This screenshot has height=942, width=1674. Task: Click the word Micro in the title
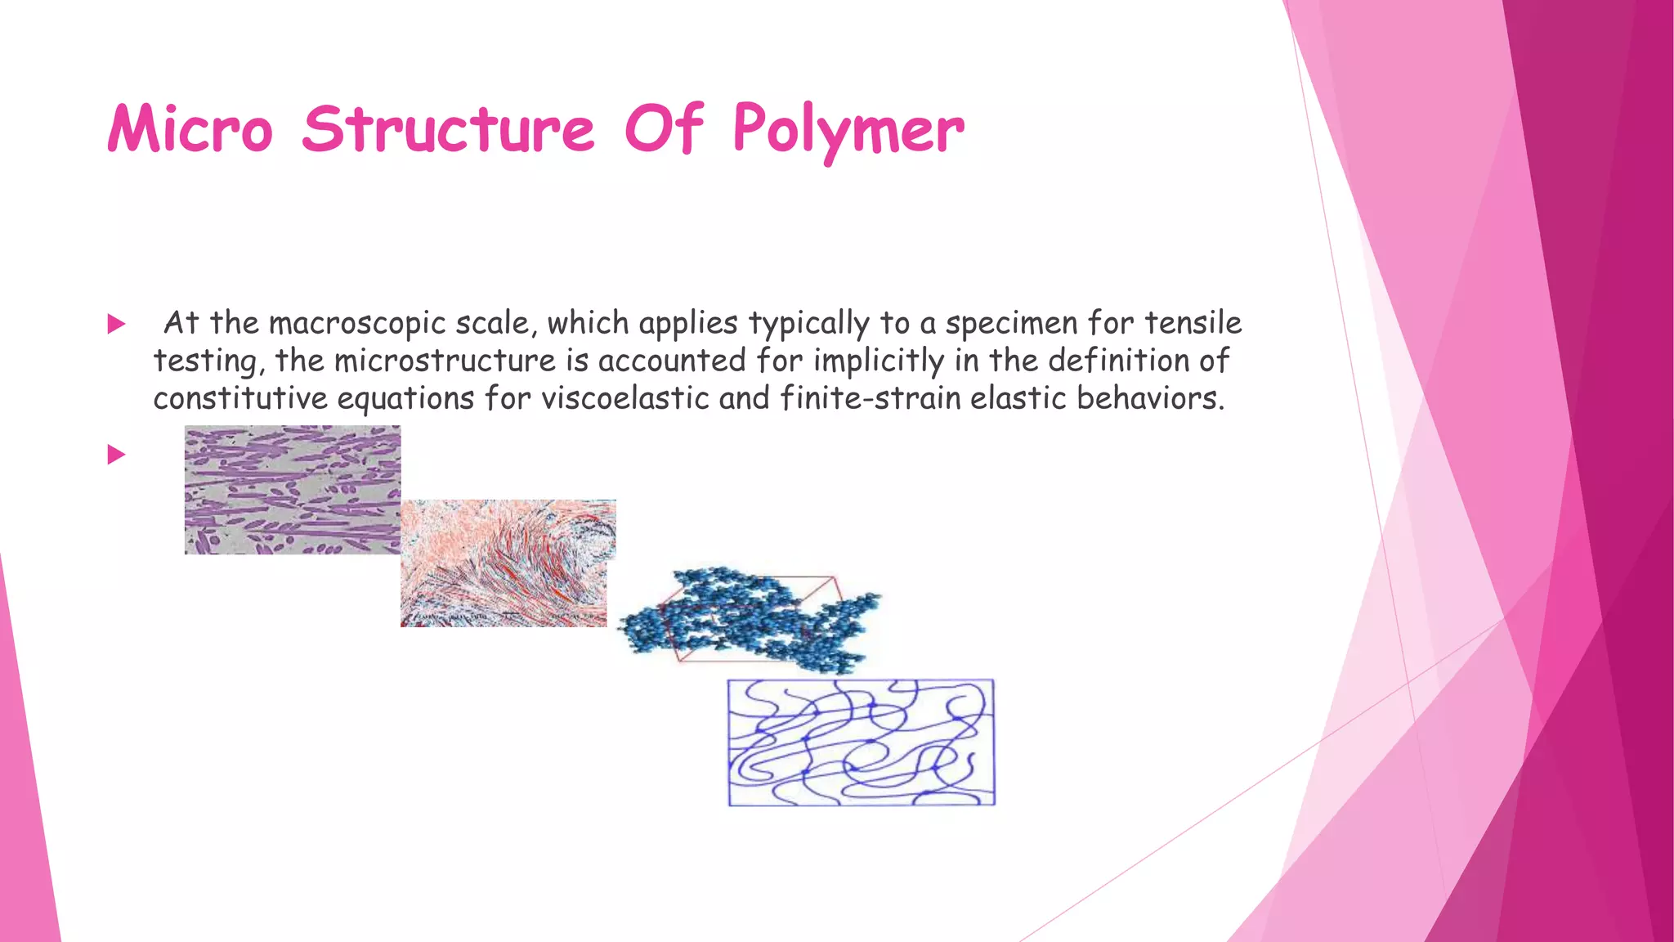tap(190, 129)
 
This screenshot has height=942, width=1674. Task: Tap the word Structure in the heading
tap(448, 129)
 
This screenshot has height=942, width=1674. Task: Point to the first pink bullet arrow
tap(116, 325)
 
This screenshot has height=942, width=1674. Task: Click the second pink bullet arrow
tap(116, 455)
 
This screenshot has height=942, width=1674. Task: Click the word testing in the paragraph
tap(208, 361)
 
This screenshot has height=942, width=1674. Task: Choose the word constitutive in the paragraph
tap(239, 398)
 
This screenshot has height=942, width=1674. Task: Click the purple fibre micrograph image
tap(292, 489)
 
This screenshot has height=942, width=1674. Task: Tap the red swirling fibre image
tap(507, 563)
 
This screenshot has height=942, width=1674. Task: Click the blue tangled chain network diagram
tap(861, 742)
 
